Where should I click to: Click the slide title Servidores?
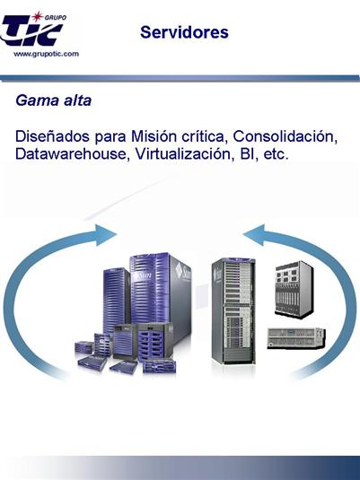[x=184, y=32]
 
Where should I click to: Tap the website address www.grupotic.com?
[x=46, y=54]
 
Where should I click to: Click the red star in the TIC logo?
[x=37, y=16]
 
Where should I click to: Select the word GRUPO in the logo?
[x=55, y=18]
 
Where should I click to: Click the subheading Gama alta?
[x=54, y=100]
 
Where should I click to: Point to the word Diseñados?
[x=53, y=136]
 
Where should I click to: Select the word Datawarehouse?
[x=71, y=153]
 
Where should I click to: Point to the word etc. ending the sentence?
[x=276, y=154]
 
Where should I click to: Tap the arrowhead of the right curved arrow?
[x=255, y=235]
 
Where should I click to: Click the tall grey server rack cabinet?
[x=233, y=311]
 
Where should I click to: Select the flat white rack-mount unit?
[x=296, y=338]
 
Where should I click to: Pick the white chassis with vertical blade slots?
[x=294, y=289]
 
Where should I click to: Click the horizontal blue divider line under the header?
[x=180, y=78]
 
